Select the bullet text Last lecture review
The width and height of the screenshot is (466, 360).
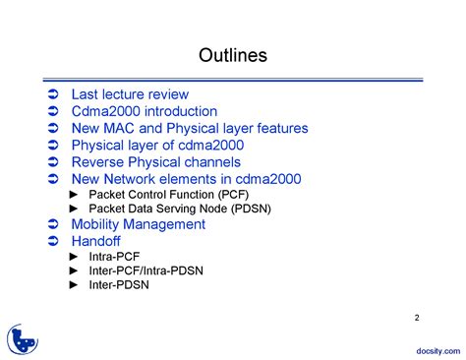(x=130, y=94)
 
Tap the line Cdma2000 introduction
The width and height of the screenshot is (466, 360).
(x=145, y=111)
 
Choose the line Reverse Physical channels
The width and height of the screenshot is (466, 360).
(x=156, y=162)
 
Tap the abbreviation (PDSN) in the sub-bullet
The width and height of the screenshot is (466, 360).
(x=251, y=209)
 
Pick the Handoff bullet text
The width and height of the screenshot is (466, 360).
(x=96, y=241)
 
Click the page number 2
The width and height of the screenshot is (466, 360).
(x=417, y=318)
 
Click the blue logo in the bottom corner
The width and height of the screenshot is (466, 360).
(x=23, y=338)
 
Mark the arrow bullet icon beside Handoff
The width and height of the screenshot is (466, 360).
(x=53, y=241)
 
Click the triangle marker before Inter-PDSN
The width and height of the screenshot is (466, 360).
(x=74, y=285)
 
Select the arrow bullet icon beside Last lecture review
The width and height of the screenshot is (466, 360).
(x=53, y=95)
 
